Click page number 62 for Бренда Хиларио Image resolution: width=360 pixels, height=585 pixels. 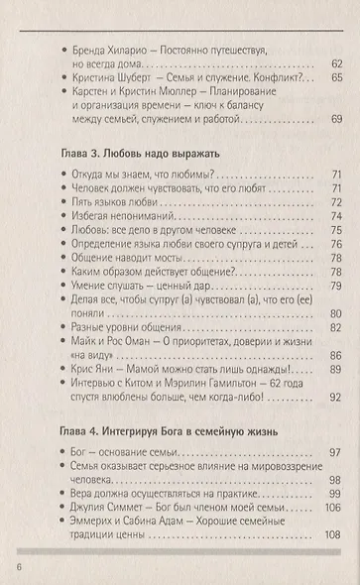tap(337, 62)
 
